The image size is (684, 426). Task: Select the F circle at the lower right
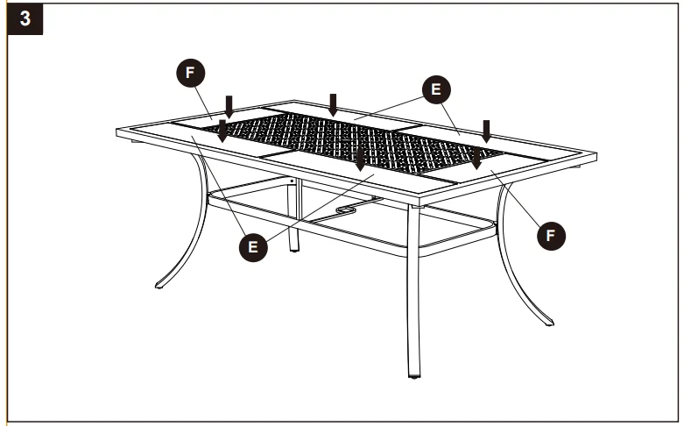click(551, 234)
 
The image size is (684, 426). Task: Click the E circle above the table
click(435, 88)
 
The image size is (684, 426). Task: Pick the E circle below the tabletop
click(253, 246)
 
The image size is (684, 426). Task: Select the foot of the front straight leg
click(413, 375)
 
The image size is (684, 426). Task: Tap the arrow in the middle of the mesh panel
click(360, 160)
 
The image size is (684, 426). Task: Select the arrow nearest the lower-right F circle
click(476, 158)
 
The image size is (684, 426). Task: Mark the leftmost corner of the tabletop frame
click(118, 132)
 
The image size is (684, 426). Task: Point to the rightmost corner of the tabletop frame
click(596, 157)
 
